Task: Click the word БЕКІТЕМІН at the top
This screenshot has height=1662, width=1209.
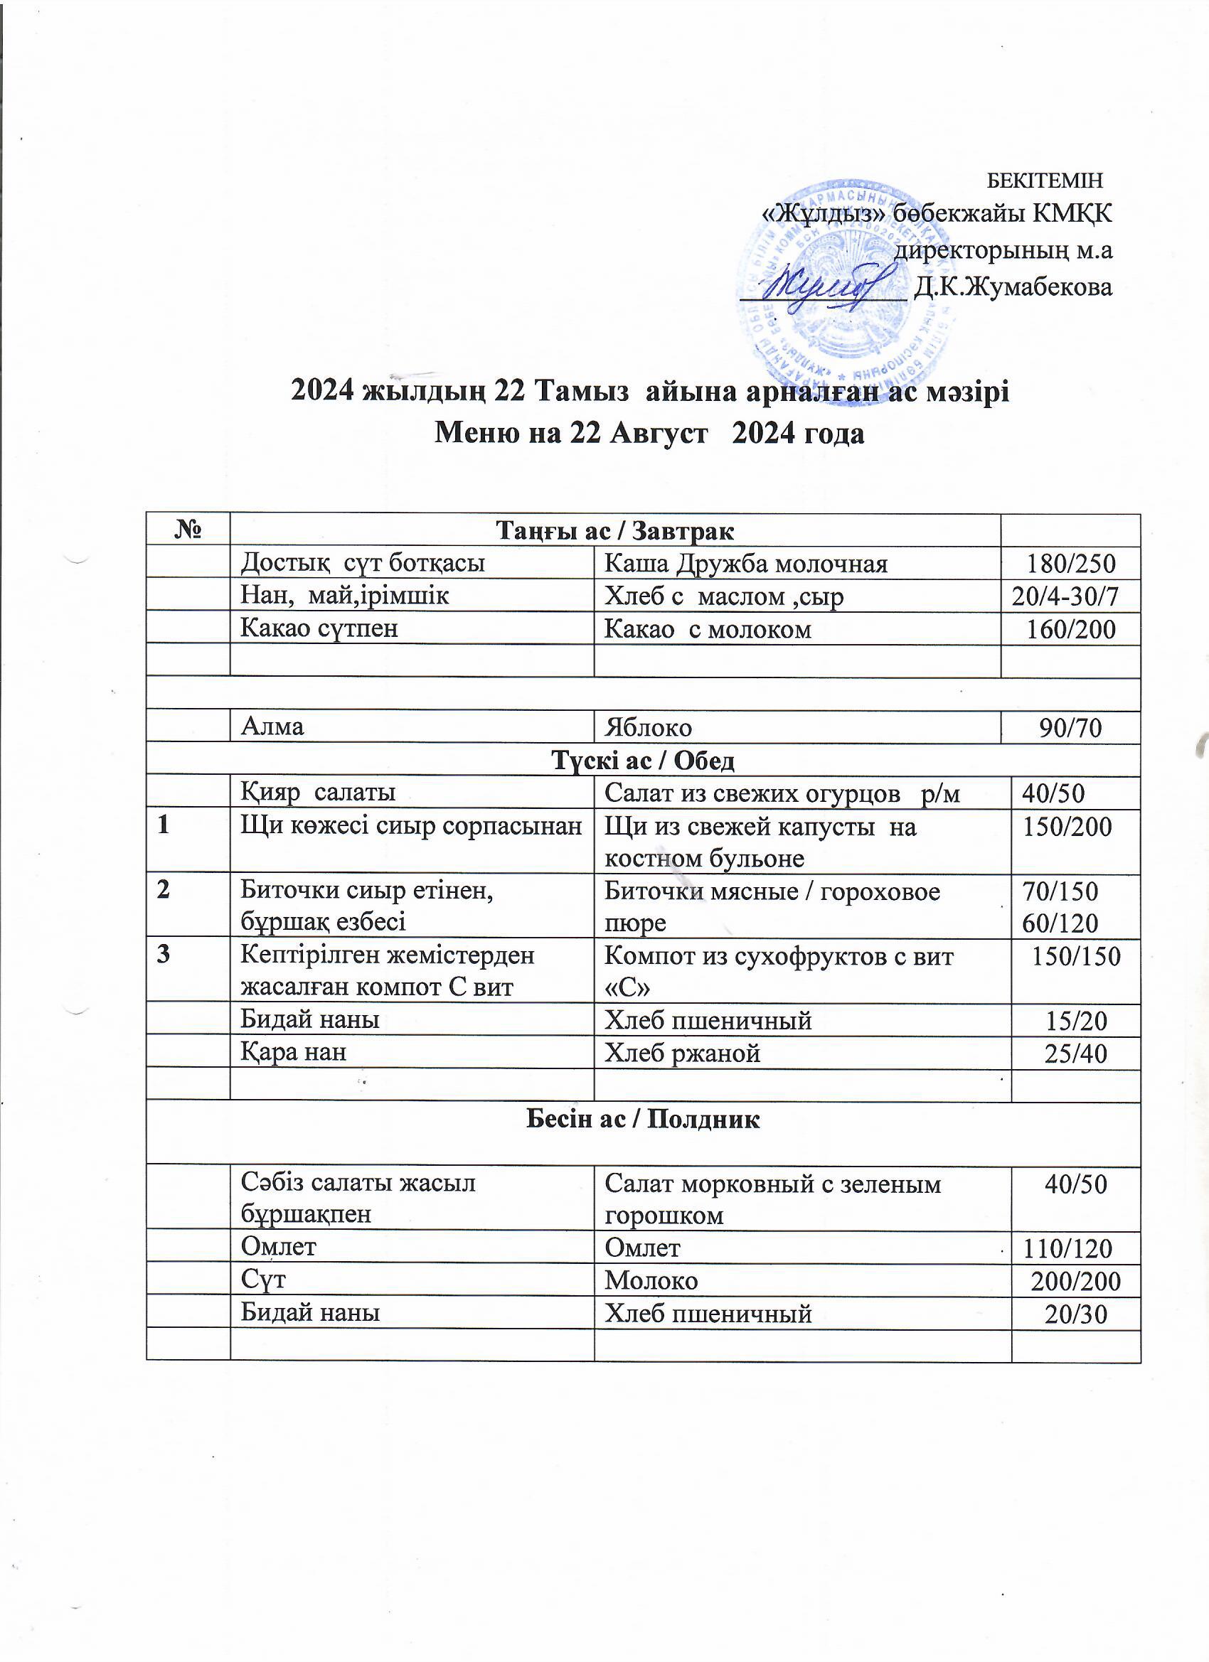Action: tap(1044, 181)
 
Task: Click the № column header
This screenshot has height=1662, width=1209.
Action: tap(188, 530)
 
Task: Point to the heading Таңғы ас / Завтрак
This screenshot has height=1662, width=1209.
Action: tap(614, 530)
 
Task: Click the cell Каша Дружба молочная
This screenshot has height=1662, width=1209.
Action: tap(745, 564)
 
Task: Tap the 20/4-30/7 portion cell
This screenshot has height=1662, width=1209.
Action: tap(1065, 596)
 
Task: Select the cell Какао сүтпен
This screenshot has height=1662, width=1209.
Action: tap(319, 628)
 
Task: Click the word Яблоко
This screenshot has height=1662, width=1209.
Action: tap(647, 727)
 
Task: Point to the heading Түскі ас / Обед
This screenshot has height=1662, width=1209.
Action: tap(642, 761)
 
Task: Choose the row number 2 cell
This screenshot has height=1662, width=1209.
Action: tap(164, 889)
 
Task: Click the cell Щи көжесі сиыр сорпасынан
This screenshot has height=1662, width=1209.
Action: tap(411, 826)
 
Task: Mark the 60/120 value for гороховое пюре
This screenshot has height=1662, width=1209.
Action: tap(1060, 923)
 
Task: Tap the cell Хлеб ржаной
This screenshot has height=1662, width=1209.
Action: tap(682, 1053)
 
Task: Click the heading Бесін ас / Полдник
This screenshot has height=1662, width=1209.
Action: tap(642, 1119)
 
